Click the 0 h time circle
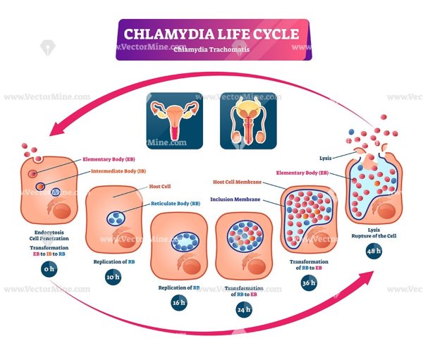49,268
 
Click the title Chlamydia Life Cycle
211,34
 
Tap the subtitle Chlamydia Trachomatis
211,49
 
